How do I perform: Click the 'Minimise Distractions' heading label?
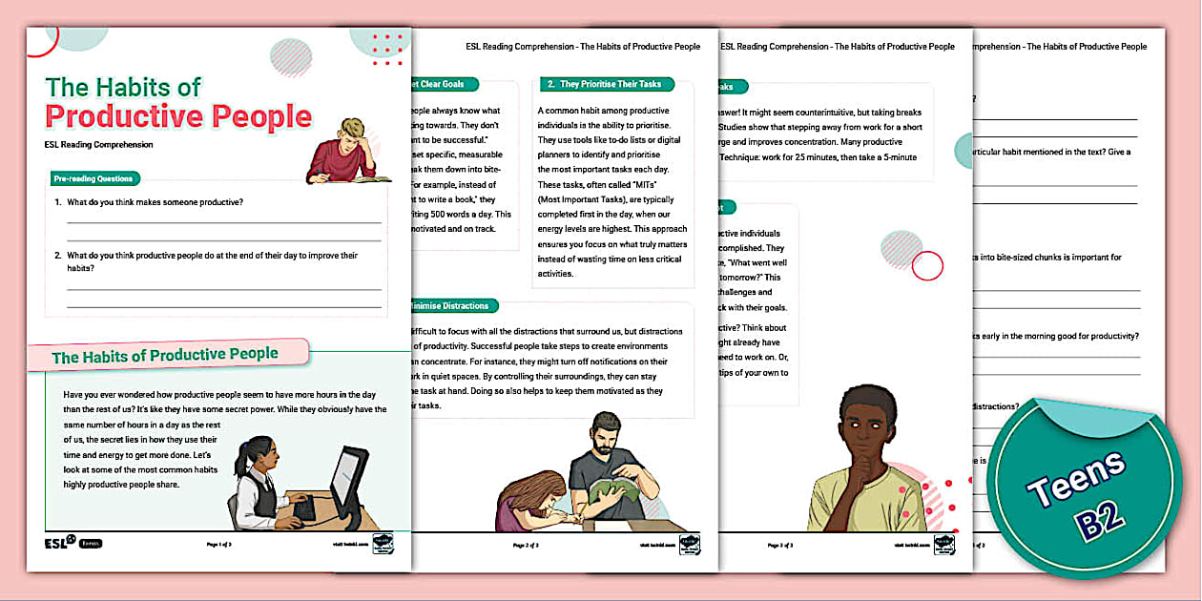(448, 306)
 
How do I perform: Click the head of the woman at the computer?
(261, 450)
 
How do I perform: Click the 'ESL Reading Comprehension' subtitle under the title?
(99, 145)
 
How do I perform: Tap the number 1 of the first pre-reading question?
(57, 202)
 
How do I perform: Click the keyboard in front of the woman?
(304, 509)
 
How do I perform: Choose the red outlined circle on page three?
(926, 266)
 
